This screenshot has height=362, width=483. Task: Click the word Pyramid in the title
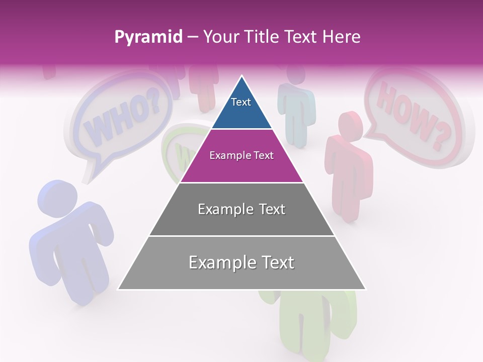(148, 37)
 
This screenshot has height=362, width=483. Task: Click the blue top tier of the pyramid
(242, 108)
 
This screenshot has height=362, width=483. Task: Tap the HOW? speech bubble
(413, 116)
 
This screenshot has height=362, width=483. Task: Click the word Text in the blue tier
(241, 102)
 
